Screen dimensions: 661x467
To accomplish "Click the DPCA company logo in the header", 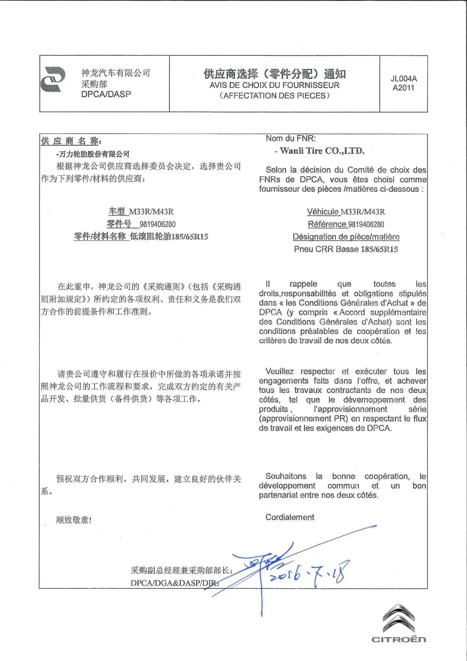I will click(53, 80).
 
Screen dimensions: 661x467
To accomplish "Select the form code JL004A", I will click(404, 79).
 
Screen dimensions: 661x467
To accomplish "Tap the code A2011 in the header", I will click(403, 88).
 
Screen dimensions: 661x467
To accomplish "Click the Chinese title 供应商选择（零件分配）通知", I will click(275, 74).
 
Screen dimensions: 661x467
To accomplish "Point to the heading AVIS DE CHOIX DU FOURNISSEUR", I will click(275, 85).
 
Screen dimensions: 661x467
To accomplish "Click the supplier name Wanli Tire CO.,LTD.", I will click(322, 151).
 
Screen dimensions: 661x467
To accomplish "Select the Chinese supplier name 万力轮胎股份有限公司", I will click(94, 154).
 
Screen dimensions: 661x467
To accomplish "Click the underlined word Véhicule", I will click(323, 212).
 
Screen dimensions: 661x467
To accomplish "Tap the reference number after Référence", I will click(366, 224).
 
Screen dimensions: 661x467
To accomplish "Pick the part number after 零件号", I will click(158, 224).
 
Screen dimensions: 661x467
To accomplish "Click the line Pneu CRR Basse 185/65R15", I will click(346, 249).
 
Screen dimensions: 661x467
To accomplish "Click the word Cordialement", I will click(290, 517).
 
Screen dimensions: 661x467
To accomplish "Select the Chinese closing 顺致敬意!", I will click(74, 520).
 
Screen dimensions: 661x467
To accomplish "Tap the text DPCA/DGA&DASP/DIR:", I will click(174, 583).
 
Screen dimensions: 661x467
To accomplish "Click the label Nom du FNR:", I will click(291, 138).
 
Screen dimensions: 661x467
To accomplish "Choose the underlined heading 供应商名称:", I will click(71, 141).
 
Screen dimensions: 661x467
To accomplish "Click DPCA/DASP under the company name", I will click(106, 94).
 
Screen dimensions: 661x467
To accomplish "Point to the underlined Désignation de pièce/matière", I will click(346, 237).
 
